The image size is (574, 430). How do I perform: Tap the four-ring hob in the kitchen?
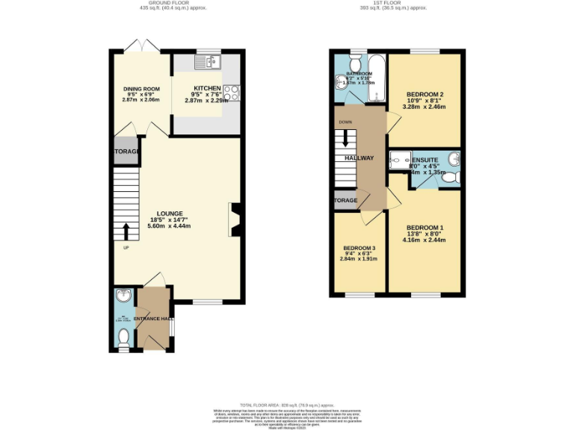(x=232, y=93)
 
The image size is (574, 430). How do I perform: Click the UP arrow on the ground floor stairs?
(x=126, y=229)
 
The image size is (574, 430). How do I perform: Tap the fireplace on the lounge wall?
(x=235, y=219)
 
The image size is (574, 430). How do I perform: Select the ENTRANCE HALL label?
(x=153, y=319)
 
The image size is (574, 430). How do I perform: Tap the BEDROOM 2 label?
(x=425, y=95)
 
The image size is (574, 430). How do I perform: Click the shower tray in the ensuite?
(x=400, y=160)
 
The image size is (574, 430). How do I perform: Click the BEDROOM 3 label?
(x=359, y=248)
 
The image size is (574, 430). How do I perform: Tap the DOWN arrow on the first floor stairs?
(x=345, y=139)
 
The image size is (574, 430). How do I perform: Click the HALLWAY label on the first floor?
(x=359, y=158)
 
